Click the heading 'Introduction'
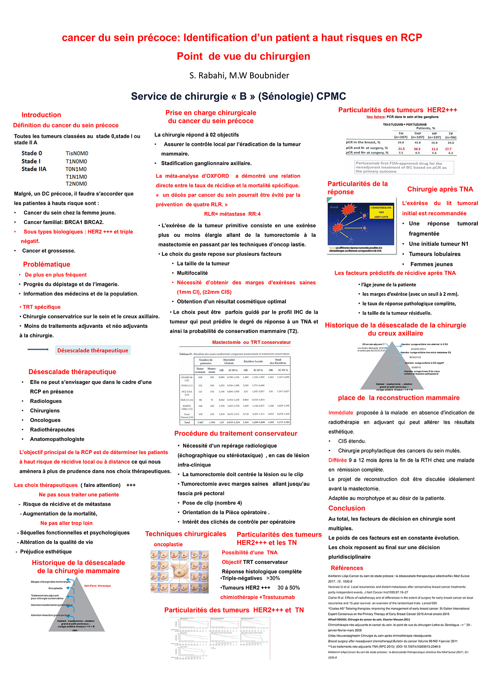point(41,115)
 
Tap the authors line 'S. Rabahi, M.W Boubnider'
point(239,75)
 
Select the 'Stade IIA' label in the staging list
point(34,169)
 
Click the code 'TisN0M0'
point(77,154)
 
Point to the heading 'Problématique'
point(46,265)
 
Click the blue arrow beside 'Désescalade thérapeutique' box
point(38,350)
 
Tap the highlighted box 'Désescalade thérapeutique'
point(93,350)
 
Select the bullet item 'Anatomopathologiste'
point(57,439)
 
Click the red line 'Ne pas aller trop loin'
point(67,523)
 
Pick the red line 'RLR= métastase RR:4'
point(232,214)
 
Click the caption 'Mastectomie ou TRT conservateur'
point(251,342)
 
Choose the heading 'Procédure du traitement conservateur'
point(236,434)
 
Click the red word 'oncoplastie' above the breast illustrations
point(168,544)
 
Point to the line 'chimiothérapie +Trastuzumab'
point(257,597)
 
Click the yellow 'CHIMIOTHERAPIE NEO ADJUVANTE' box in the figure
point(381,212)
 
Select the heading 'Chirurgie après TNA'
point(440,189)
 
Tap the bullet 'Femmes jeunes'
point(431,264)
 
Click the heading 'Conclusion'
point(347,508)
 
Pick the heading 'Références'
point(347,568)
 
